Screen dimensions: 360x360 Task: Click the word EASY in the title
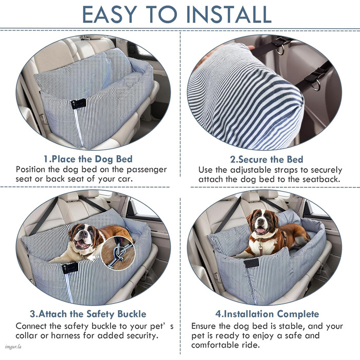(110, 14)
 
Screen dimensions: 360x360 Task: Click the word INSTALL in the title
(229, 14)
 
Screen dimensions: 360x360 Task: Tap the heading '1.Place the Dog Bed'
(88, 159)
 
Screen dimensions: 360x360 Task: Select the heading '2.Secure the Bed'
(266, 159)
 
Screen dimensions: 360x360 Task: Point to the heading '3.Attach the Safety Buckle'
(88, 314)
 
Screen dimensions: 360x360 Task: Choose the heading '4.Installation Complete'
(267, 314)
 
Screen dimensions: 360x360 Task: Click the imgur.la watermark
(13, 347)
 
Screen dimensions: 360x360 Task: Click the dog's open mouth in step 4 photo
(261, 230)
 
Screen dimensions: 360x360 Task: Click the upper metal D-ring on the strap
(280, 50)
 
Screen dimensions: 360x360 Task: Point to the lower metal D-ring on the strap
(316, 85)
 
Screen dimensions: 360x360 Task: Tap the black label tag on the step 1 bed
(78, 104)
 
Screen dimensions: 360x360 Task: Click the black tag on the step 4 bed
(251, 263)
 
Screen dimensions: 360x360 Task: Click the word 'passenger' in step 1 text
(147, 170)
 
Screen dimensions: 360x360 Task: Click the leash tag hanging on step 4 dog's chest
(260, 247)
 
